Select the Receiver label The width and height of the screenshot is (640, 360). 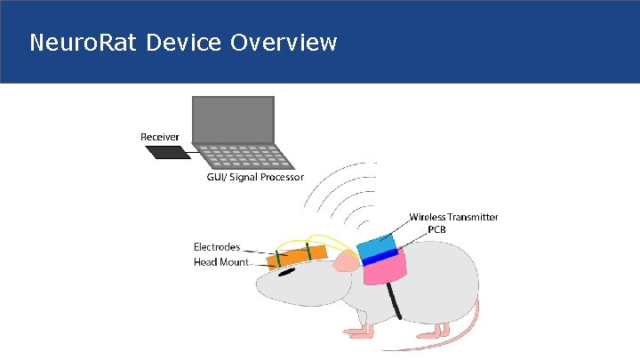(x=160, y=137)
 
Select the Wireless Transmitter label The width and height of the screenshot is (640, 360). (x=453, y=217)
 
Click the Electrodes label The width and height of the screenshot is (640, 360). (x=217, y=246)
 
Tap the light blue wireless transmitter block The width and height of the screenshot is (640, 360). (x=377, y=244)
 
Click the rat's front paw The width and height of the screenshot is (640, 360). (x=356, y=332)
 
